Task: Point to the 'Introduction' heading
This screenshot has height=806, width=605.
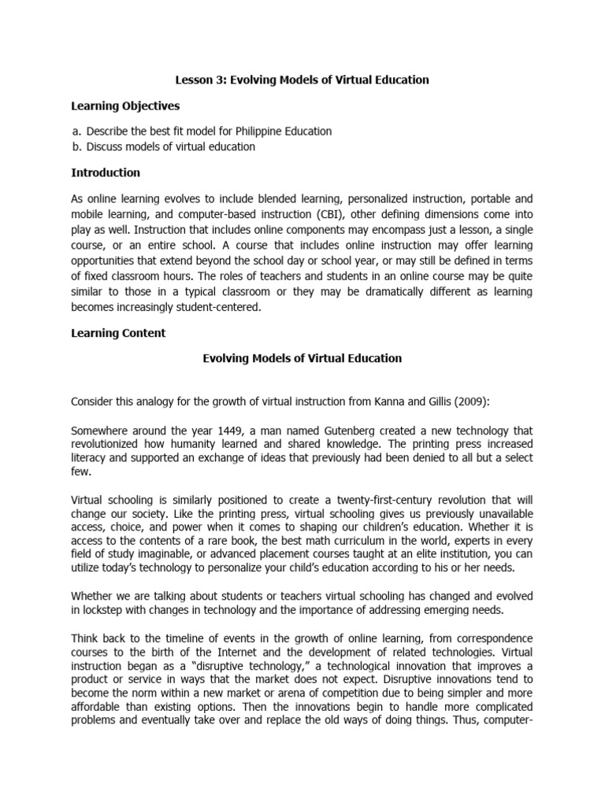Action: pyautogui.click(x=106, y=172)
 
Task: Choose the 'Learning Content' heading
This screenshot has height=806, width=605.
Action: pyautogui.click(x=118, y=333)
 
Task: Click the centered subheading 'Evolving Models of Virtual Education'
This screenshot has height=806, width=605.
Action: pyautogui.click(x=302, y=358)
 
